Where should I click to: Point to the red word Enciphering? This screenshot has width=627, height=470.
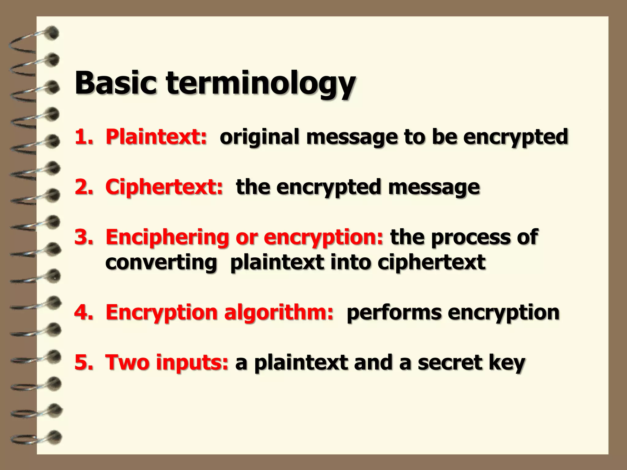tap(167, 237)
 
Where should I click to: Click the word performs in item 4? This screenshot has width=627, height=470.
tap(393, 313)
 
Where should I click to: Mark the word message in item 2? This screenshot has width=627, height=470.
tap(434, 187)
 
